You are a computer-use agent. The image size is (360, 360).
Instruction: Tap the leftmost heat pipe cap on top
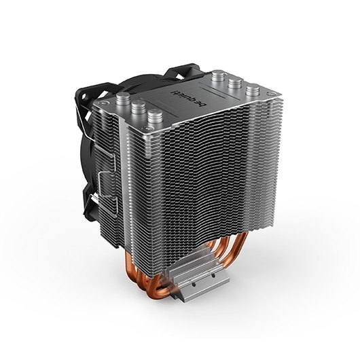[124, 98]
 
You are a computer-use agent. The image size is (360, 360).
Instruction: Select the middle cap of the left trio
[139, 107]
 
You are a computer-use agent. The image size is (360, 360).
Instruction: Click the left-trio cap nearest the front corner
[155, 116]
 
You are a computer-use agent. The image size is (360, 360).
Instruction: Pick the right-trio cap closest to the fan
[217, 76]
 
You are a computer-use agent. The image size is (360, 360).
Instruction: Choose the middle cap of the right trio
[235, 83]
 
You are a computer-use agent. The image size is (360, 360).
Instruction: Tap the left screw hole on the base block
[194, 285]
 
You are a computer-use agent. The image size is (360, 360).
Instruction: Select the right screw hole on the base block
[213, 275]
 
